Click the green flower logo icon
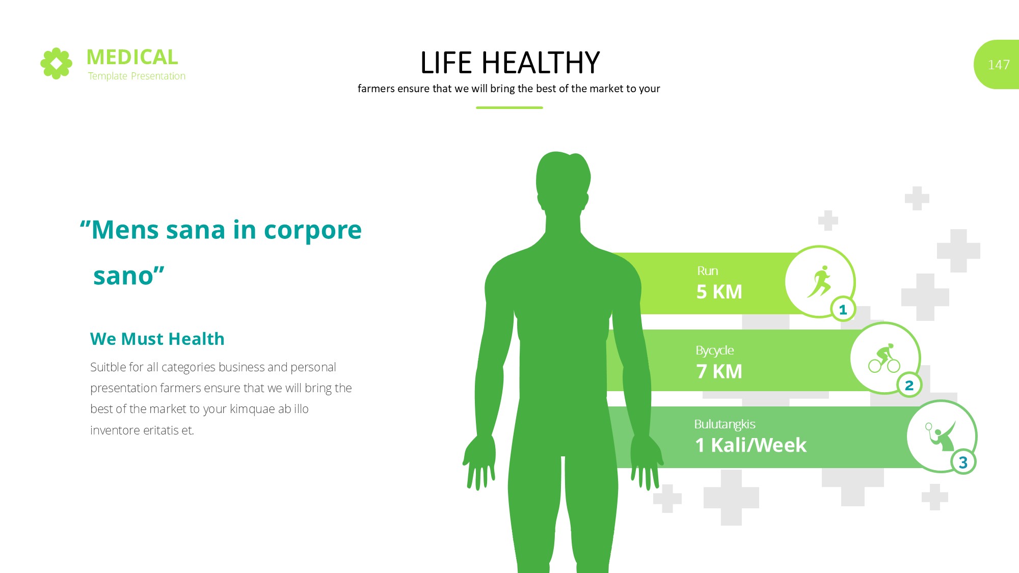56,64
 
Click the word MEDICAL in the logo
132,57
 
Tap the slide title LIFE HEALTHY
509,63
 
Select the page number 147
999,65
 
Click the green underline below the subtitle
509,107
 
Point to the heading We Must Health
157,339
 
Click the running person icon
819,281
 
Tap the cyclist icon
884,358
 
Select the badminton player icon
941,436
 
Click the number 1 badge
843,309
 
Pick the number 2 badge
909,385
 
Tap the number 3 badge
963,462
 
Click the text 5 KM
719,292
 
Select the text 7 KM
719,371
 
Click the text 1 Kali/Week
751,445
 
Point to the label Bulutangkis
725,424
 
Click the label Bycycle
715,351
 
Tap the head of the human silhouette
563,181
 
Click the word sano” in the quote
129,276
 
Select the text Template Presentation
137,76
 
